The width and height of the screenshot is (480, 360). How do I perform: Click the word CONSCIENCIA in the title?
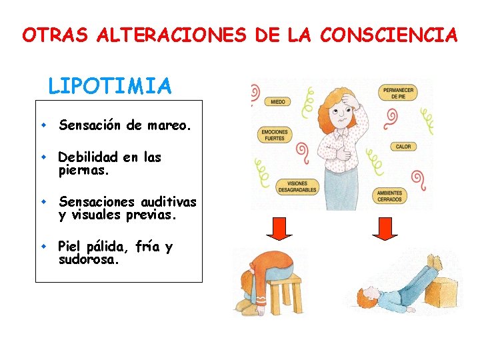click(389, 35)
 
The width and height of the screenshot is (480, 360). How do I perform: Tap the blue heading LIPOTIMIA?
click(110, 86)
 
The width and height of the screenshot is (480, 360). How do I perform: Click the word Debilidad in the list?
click(88, 157)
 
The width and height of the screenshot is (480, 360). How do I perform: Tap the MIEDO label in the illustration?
click(277, 102)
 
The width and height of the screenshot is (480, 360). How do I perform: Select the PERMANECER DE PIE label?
click(398, 93)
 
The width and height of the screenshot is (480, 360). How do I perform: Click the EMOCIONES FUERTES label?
click(274, 135)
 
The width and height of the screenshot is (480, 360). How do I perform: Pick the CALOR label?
click(403, 146)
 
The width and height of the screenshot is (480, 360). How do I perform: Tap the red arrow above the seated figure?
click(279, 229)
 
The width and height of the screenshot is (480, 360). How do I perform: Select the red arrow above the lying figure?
click(385, 229)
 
